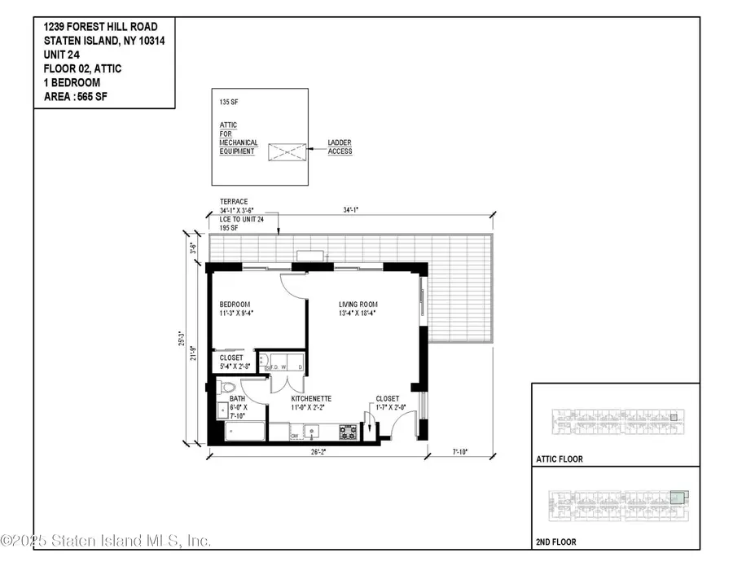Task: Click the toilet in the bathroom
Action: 230,387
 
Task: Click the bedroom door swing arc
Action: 292,287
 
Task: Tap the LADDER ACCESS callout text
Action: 340,147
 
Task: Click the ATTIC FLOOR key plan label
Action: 561,459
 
